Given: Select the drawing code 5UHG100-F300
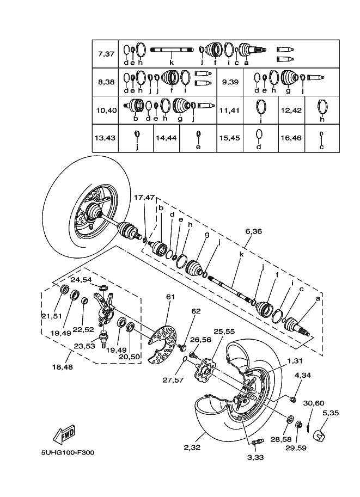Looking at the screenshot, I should (68, 452).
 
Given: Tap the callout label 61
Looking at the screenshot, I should (170, 297).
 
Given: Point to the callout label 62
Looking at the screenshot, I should (197, 311).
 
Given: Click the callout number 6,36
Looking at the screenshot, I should (253, 231).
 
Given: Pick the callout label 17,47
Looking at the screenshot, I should (144, 197).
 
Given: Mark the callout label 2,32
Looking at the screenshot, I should (193, 447).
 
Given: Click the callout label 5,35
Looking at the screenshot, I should (330, 413).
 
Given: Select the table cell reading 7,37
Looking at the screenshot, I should (106, 54).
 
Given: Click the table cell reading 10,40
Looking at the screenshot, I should (106, 111).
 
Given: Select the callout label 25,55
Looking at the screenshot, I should (224, 331).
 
